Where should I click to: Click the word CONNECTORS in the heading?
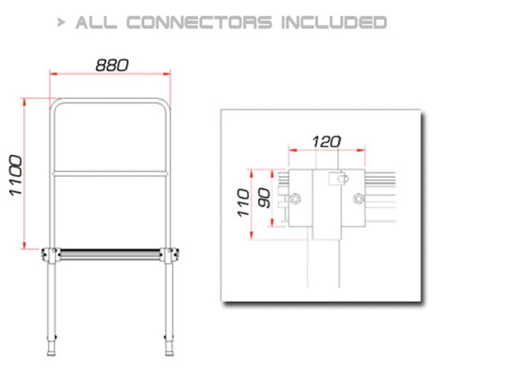199,22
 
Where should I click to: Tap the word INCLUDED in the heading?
334,22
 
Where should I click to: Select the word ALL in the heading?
96,22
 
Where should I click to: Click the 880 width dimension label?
112,65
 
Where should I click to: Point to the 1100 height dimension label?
16,175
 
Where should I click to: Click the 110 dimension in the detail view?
244,203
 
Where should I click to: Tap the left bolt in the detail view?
294,198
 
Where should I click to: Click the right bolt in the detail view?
359,198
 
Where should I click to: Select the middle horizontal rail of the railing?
110,174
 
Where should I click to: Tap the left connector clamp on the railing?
50,255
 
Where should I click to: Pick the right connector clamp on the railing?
171,255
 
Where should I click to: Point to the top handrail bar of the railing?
110,101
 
